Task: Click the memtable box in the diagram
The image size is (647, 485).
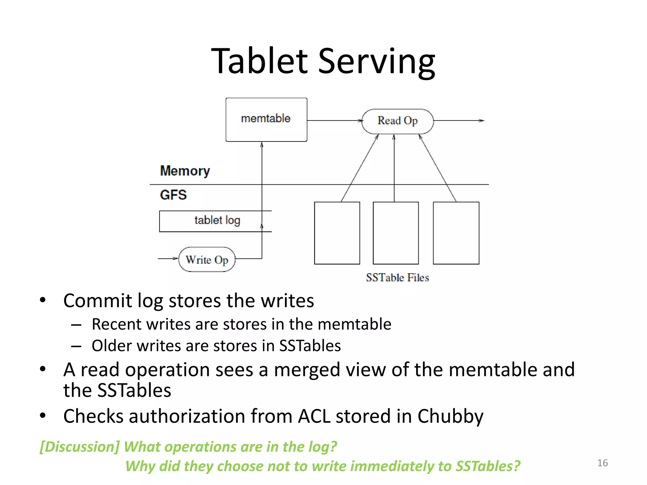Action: tap(266, 120)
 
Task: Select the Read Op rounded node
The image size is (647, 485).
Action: tap(397, 121)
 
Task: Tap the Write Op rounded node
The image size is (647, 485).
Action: tap(207, 260)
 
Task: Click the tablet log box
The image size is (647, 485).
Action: tap(215, 221)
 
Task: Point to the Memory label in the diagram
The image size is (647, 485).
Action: tap(185, 171)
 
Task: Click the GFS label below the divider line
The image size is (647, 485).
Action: tap(173, 195)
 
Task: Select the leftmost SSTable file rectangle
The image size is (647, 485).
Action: tap(337, 233)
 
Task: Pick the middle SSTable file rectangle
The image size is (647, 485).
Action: tap(396, 233)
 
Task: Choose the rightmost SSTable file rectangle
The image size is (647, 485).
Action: tap(456, 233)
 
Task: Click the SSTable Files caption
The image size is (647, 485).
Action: tap(397, 278)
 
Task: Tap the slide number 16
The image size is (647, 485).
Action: tap(602, 463)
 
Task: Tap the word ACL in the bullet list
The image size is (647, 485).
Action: tap(314, 416)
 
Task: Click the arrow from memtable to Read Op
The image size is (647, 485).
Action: tap(334, 120)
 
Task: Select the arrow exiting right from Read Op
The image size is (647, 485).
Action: tap(458, 120)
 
